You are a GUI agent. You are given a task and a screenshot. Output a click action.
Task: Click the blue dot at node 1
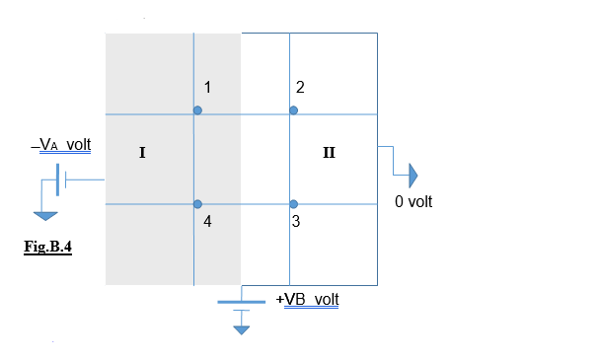197,110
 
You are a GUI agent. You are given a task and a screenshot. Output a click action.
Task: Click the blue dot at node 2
293,110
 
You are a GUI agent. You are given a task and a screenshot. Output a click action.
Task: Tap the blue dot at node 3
294,203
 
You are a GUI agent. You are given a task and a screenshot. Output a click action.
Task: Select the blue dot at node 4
198,203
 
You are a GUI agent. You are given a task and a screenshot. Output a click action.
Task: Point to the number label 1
208,88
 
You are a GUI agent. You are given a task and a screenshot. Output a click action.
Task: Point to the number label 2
300,88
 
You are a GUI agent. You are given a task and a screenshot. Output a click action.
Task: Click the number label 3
296,222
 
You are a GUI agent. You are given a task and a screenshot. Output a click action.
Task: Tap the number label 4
207,222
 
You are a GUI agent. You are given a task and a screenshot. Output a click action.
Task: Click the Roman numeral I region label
143,153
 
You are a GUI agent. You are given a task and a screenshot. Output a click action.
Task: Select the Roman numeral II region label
329,153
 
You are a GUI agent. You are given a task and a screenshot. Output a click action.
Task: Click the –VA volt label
60,145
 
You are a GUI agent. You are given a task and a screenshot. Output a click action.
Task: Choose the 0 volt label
413,201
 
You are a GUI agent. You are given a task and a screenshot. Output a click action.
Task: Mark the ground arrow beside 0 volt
412,176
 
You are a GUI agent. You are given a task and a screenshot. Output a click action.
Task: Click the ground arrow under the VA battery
42,216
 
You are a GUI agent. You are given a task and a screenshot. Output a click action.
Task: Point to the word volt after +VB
327,299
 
